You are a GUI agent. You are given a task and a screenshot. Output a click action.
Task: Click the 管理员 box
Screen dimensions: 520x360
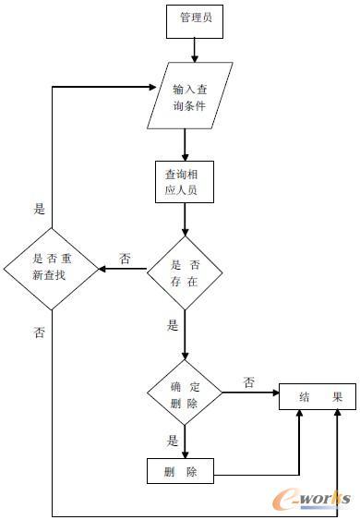tap(194, 21)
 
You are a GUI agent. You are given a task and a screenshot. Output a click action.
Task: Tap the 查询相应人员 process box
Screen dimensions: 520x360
tap(185, 182)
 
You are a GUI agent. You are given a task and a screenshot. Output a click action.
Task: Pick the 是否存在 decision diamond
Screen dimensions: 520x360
tap(186, 271)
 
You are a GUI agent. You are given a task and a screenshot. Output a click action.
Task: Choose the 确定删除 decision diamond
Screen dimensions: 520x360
tap(185, 396)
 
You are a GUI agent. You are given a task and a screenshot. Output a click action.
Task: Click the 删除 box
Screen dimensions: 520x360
tap(181, 472)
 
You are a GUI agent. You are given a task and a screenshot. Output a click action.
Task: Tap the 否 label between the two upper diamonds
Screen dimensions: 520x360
tap(124, 257)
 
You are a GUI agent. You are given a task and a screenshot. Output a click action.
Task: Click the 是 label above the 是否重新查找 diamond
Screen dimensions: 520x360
tap(39, 210)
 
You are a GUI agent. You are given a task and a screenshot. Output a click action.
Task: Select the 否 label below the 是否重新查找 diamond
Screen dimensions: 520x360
tap(39, 331)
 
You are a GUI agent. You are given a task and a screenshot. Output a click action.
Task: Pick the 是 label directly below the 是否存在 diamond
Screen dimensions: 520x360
tap(172, 325)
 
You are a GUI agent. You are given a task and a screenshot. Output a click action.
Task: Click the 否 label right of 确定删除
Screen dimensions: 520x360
tap(249, 381)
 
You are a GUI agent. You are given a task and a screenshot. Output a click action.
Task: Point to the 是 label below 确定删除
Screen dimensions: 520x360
tap(172, 441)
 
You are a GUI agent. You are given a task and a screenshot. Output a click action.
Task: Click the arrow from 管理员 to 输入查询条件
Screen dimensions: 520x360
tap(194, 51)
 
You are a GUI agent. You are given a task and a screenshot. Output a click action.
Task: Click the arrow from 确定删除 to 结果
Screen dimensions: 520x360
tap(249, 394)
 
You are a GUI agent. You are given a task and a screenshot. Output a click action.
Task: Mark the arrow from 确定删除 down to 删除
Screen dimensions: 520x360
tap(185, 441)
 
